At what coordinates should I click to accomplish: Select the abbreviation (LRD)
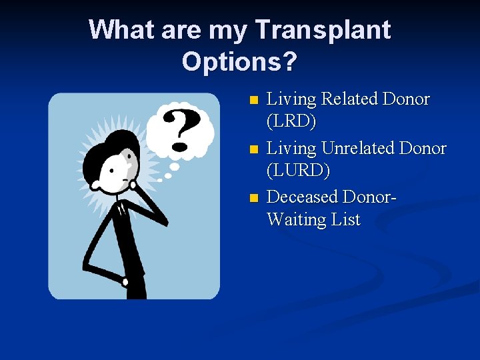291,122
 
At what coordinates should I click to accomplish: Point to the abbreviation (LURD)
298,171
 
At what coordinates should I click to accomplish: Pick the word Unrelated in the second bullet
363,148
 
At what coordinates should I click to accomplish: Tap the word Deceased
301,197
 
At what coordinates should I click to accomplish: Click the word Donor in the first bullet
406,99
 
